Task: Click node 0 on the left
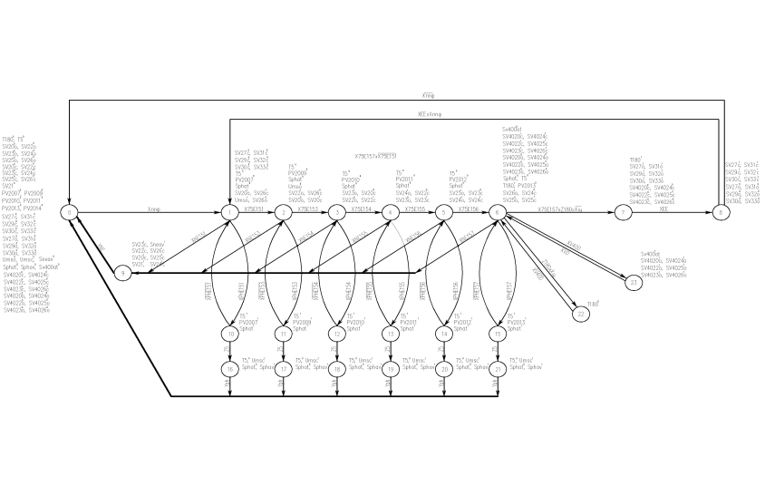pos(69,213)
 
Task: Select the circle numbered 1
pos(229,213)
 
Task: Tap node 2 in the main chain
pos(283,213)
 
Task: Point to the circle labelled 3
pos(336,213)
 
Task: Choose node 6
pos(498,213)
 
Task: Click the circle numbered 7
pos(622,213)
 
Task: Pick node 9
pos(122,273)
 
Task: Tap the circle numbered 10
pos(230,334)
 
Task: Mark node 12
pos(337,334)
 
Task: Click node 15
pos(498,334)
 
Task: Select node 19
pos(391,369)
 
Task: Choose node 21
pos(498,369)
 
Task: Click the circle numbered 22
pos(581,314)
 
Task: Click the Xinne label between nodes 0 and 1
pos(152,208)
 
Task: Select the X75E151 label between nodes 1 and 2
pos(255,208)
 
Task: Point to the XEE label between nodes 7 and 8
pos(663,208)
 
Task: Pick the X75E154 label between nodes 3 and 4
pos(362,208)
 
